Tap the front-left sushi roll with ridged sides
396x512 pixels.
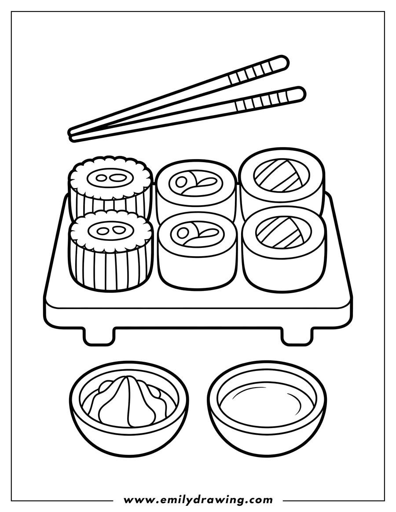(110, 255)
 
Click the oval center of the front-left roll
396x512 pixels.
(110, 230)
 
